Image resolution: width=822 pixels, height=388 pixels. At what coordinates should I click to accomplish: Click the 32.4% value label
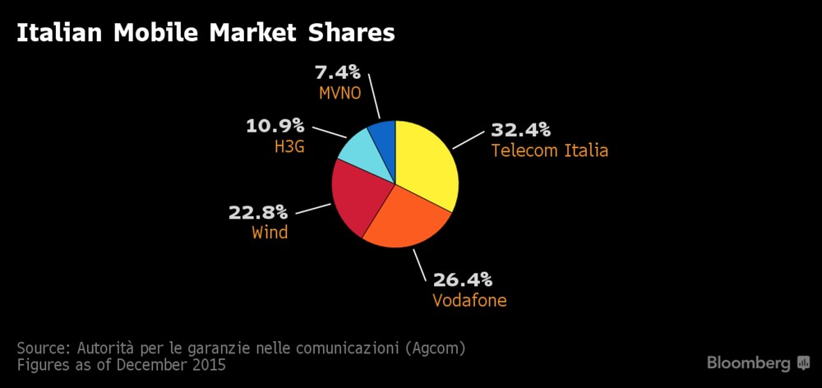520,130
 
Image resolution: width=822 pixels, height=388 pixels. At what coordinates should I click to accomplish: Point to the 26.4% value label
462,279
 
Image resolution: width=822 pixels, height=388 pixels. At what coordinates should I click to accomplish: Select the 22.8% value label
258,212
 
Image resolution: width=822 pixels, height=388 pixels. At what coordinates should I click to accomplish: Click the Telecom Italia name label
549,150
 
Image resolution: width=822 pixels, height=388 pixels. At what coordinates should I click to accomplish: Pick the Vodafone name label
469,300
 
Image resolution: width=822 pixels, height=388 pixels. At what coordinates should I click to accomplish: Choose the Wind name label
270,233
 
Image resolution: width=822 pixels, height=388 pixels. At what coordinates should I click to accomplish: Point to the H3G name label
289,147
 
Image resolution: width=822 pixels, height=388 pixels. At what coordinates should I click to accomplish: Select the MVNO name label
340,92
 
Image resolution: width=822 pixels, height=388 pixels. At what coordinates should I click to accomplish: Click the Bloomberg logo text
749,363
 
